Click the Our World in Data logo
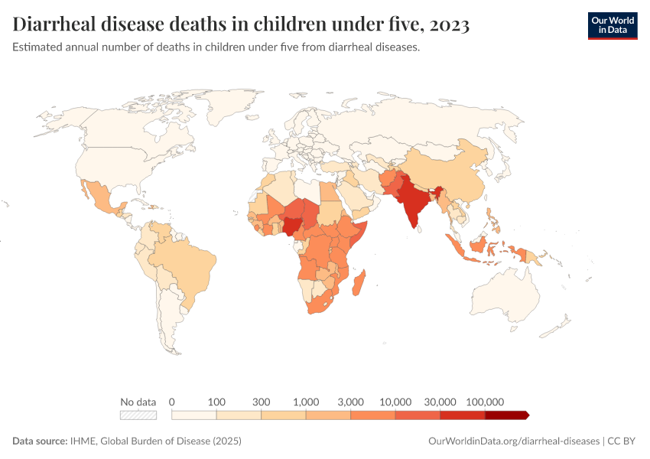coord(612,25)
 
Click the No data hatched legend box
coord(138,415)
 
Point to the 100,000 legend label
coord(484,402)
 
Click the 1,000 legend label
coord(306,402)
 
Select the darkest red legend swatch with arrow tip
coord(506,415)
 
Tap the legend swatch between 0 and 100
coord(194,415)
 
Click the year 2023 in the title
coord(450,25)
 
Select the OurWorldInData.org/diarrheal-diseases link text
coord(513,441)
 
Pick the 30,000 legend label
coord(440,402)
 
